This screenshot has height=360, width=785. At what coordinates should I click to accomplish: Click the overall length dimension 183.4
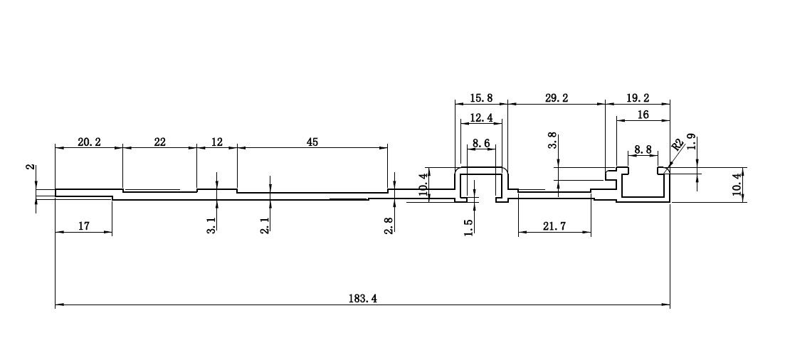coord(362,298)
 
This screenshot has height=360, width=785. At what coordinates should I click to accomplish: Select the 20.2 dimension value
coord(89,142)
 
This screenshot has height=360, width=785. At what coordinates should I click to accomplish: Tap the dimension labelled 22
coord(159,142)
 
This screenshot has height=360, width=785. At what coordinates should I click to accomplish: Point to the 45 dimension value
coord(312,142)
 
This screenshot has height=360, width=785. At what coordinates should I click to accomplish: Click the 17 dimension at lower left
coord(84,226)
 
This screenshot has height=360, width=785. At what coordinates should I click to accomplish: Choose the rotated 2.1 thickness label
coord(265,226)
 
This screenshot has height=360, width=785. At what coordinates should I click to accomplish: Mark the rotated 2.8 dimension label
coord(389,226)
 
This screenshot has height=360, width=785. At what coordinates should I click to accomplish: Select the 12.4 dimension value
coord(481,118)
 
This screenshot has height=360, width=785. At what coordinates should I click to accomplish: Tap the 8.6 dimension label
coord(481,144)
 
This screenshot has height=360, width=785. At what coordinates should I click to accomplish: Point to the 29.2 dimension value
coord(557,98)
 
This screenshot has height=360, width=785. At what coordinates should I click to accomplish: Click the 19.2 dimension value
coord(637,98)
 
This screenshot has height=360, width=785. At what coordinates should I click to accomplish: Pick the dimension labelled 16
coord(643,115)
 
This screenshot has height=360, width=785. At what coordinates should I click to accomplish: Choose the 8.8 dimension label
coord(643,149)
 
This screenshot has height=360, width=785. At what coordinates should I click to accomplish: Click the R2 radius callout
coord(677,145)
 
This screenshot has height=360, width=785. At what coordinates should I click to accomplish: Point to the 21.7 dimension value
coord(554,226)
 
